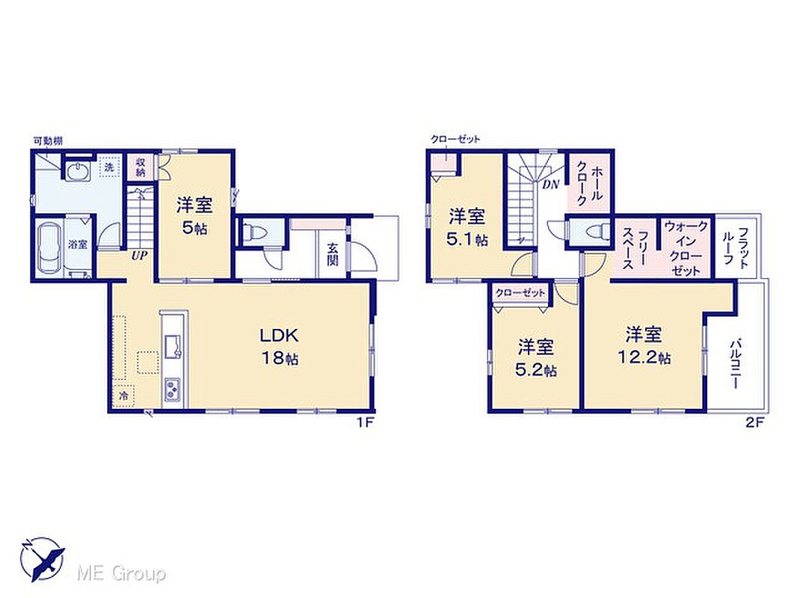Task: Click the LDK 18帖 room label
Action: (279, 347)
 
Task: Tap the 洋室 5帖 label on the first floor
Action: (194, 216)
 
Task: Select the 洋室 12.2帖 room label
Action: (644, 346)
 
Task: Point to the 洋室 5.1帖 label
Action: (466, 228)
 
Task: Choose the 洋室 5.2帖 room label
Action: (536, 358)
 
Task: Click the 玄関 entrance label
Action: (333, 255)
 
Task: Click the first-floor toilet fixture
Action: (255, 232)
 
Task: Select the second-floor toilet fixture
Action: (596, 232)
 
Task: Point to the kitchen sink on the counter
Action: (172, 345)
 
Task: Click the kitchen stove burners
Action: (172, 391)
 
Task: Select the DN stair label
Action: (550, 185)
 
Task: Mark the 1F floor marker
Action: (365, 423)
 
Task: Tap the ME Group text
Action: (121, 573)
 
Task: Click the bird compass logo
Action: (43, 559)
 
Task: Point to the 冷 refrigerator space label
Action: (123, 396)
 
